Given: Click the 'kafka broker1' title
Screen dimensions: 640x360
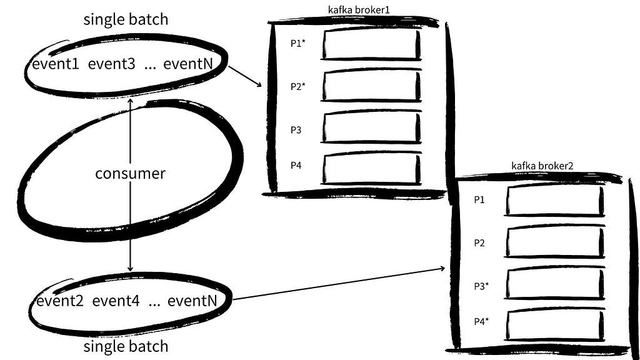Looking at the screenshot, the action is [359, 9].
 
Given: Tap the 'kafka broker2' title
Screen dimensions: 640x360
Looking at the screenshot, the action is [542, 166].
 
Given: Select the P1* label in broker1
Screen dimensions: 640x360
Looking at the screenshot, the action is [298, 43].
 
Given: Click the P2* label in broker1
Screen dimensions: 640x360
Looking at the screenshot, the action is [298, 86].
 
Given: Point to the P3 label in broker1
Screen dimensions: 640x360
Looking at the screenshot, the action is [296, 130].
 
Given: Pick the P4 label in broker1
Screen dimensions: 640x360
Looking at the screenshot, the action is [296, 165].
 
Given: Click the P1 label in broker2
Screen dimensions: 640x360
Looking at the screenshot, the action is [479, 199].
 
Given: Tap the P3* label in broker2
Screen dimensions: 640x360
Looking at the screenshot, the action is [481, 286].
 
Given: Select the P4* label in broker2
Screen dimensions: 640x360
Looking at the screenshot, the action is [481, 321].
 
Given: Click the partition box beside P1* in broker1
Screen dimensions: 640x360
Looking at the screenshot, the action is [371, 44].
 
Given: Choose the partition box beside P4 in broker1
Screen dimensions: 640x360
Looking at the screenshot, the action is [371, 169].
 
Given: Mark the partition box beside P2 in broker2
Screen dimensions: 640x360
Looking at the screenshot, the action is [555, 242].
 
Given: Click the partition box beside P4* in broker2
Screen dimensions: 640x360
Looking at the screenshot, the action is [555, 325].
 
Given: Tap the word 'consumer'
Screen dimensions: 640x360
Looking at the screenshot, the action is [130, 174].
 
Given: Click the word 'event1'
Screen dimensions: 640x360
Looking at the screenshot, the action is [56, 64].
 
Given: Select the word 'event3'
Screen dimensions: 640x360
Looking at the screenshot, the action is [111, 64].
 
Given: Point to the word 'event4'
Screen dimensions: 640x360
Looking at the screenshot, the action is [116, 301].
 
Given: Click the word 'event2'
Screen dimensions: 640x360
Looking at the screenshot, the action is [60, 301].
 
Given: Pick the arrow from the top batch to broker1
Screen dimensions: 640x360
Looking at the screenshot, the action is [244, 76].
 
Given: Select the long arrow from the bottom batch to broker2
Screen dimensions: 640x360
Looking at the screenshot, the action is [339, 284].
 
